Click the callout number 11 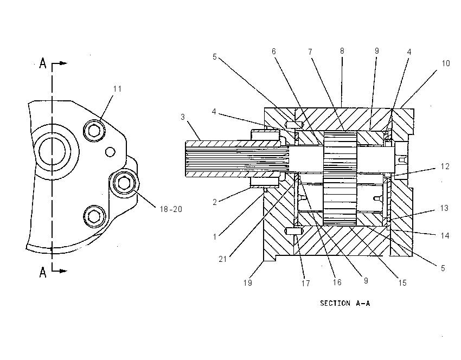[x=117, y=89]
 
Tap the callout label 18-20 [x=171, y=209]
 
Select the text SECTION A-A [x=345, y=303]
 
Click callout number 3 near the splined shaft [x=183, y=117]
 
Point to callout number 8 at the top [x=342, y=51]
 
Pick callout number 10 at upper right [x=446, y=63]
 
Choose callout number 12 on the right [x=445, y=166]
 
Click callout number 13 [x=444, y=208]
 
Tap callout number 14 [x=445, y=236]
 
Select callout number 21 [x=223, y=259]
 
